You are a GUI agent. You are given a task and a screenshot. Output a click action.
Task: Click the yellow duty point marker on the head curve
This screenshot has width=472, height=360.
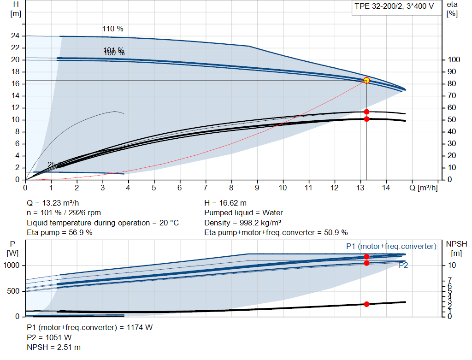pos(366,80)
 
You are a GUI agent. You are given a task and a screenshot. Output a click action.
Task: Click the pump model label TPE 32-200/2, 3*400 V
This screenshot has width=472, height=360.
pos(394,6)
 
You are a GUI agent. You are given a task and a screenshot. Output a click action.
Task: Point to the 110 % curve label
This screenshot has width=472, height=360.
pos(113,29)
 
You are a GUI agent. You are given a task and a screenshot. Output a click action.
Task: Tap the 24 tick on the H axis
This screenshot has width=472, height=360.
pos(16,36)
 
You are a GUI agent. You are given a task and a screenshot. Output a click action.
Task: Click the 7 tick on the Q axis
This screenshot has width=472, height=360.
pos(206,188)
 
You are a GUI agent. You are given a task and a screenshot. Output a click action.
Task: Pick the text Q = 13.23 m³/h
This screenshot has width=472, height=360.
pos(57,203)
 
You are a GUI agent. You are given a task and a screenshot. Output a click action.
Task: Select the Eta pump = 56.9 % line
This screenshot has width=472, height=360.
pos(59,232)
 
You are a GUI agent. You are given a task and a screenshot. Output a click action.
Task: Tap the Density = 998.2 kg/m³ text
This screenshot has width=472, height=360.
pos(243,223)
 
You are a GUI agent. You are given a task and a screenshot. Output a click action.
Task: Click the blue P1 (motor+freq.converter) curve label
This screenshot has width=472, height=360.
pos(391,247)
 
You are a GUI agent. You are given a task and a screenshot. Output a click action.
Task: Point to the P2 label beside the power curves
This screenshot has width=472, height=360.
pos(403,266)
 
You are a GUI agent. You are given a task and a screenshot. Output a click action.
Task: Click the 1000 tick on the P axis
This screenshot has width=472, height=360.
pos(12,266)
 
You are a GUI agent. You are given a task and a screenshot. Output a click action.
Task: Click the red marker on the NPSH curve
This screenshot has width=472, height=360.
pos(366,304)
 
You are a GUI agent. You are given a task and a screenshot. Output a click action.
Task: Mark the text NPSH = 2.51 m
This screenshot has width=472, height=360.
pos(54,347)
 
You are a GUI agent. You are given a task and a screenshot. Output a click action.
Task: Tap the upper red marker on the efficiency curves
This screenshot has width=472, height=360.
pos(366,112)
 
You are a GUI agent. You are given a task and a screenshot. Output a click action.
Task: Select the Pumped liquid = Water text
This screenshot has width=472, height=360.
pos(243,213)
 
